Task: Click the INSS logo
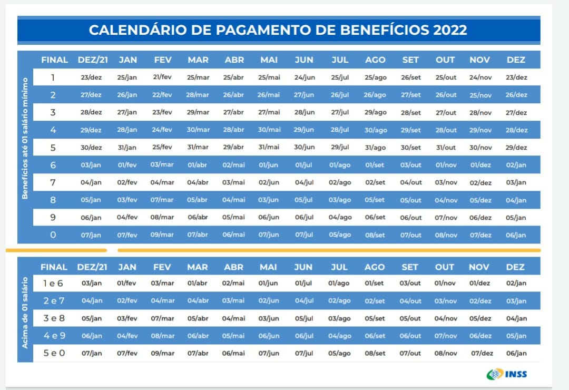[x=506, y=374]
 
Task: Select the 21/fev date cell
[x=162, y=77]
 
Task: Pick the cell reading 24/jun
[x=304, y=77]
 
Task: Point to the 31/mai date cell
[x=269, y=148]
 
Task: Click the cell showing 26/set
[x=410, y=77]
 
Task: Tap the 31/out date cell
[x=446, y=148]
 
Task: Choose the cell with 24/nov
[x=480, y=77]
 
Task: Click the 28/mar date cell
[x=198, y=95]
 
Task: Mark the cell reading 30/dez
[x=92, y=148]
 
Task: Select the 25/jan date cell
[x=127, y=77]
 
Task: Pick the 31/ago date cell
[x=375, y=148]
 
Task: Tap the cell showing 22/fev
[x=162, y=95]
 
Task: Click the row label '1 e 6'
[x=53, y=284]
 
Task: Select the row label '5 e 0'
[x=54, y=353]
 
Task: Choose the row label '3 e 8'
[x=53, y=318]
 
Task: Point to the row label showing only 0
[x=53, y=235]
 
